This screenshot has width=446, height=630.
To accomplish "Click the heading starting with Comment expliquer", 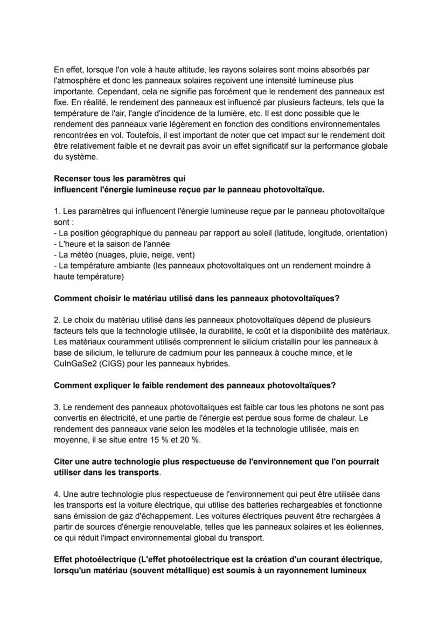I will tap(194, 385).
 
